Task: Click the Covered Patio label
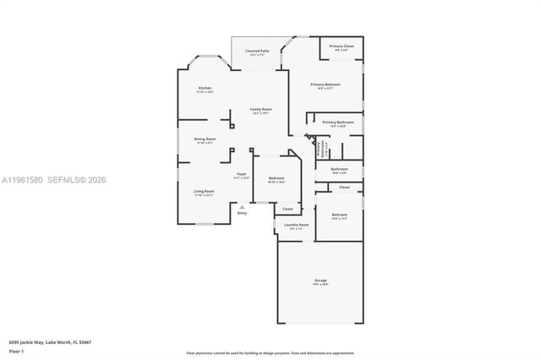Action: coord(257,51)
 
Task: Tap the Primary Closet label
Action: coord(342,46)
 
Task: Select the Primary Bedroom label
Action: coord(325,84)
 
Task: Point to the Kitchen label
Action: coord(205,88)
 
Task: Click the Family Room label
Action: coord(260,109)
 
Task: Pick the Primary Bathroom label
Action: coord(338,123)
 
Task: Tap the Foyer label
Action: coord(241,175)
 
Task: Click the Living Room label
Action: coord(204,191)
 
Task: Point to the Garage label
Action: coord(320,280)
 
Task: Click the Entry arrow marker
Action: coord(243,205)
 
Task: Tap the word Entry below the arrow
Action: coord(243,212)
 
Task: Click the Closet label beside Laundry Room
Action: coord(287,209)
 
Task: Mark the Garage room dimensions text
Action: coord(320,284)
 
